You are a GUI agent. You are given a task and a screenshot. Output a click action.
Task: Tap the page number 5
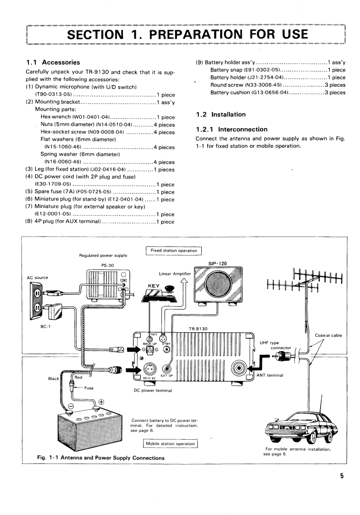342,476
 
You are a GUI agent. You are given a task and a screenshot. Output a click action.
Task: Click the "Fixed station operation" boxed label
174,251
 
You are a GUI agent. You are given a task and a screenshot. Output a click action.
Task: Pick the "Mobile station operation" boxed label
170,444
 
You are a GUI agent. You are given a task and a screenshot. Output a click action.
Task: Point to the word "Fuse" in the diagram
89,388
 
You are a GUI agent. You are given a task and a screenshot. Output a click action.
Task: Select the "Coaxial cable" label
328,336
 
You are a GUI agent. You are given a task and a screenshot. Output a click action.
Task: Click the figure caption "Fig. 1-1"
51,458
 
